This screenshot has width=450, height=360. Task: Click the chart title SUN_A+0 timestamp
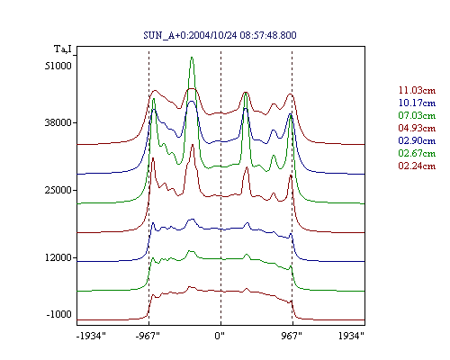(220, 35)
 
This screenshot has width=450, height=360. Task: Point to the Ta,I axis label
(63, 49)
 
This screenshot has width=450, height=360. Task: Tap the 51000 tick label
(58, 66)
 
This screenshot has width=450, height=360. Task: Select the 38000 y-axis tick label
(58, 122)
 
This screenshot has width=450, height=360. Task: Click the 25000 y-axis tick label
(58, 190)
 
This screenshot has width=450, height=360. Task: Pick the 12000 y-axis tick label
(58, 257)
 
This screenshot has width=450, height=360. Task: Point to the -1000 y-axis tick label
(59, 314)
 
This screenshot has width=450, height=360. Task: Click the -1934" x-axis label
(92, 336)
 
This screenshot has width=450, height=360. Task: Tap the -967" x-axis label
(148, 336)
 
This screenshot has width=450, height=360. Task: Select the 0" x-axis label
(220, 336)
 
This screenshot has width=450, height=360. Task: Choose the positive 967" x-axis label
(292, 336)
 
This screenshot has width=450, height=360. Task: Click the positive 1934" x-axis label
(351, 336)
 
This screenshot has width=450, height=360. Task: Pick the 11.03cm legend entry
(417, 90)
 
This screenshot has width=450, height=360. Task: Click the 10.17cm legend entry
(417, 103)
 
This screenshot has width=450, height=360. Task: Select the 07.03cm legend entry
(417, 115)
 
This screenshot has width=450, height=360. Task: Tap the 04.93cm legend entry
(417, 128)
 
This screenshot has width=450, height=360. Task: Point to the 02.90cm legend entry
(417, 140)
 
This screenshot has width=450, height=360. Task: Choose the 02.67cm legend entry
(417, 153)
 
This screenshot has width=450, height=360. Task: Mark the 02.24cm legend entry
(417, 166)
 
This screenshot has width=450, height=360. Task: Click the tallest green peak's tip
(192, 57)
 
